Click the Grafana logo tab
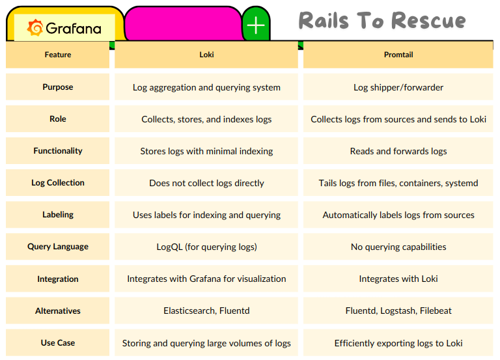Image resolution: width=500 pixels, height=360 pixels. click(x=64, y=27)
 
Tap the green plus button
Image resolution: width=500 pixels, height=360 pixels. click(x=256, y=25)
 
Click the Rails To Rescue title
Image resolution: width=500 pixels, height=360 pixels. click(x=382, y=20)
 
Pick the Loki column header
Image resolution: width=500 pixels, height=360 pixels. click(x=206, y=55)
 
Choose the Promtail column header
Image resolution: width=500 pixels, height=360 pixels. click(x=398, y=55)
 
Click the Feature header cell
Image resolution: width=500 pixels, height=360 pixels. click(x=58, y=55)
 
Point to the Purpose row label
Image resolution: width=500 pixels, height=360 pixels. click(x=58, y=87)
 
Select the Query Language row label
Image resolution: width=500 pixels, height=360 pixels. click(x=58, y=247)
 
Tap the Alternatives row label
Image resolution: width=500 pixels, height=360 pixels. click(x=58, y=311)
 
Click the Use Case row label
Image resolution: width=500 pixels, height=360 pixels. click(x=58, y=343)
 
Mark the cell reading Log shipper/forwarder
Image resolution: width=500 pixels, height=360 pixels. click(x=398, y=87)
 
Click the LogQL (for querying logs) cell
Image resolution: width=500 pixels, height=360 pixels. click(x=206, y=247)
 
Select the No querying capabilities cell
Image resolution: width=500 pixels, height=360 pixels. click(x=398, y=247)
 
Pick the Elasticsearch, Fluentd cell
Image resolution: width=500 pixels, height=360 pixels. click(x=206, y=311)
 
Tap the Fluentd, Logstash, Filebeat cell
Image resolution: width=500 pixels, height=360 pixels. click(x=398, y=311)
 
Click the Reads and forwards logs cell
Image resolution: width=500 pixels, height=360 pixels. click(x=398, y=151)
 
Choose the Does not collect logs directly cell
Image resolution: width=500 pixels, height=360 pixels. click(x=206, y=183)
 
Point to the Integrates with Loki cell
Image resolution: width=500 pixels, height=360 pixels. click(x=398, y=279)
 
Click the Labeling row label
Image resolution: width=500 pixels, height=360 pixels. click(x=58, y=215)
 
